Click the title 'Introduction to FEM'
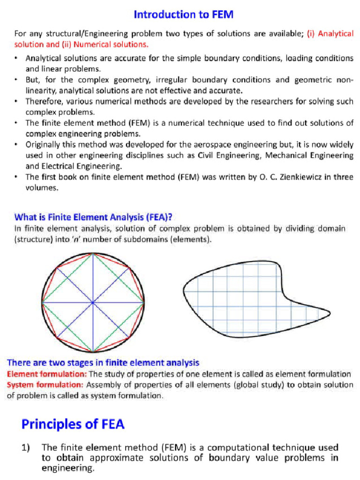point(184,15)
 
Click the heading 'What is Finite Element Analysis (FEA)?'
point(94,217)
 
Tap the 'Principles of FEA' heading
point(73,424)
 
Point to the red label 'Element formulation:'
point(47,374)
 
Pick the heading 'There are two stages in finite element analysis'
point(103,363)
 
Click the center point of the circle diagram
point(92,302)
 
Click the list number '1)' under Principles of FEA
point(27,447)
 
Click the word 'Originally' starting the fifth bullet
point(45,144)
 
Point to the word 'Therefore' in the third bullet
point(43,101)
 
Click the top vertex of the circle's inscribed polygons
point(92,254)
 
